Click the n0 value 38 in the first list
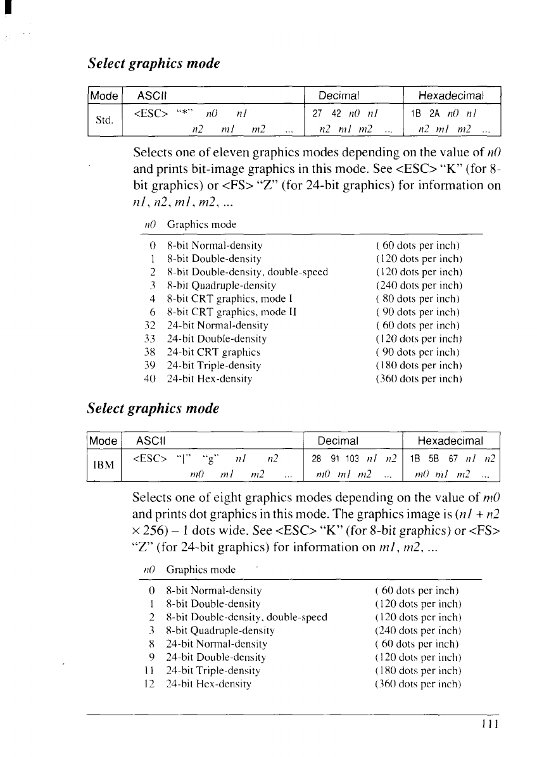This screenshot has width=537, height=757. pos(150,352)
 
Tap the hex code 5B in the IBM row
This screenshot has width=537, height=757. pos(435,457)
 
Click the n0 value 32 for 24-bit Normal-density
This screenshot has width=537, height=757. pos(150,325)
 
